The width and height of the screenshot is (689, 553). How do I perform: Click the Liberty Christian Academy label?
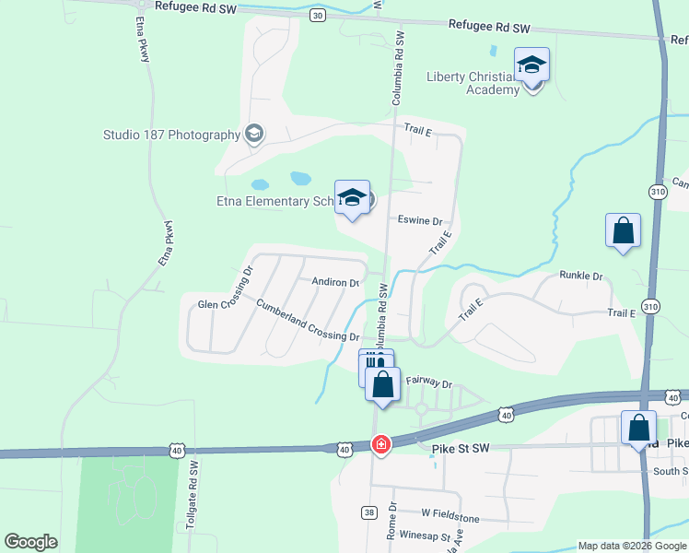click(473, 83)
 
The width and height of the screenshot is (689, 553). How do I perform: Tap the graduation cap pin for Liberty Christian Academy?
click(532, 66)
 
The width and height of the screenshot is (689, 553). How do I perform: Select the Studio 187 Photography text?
click(171, 135)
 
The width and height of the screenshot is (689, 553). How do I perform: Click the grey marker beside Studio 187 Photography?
click(254, 135)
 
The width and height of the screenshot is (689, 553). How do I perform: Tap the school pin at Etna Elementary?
click(352, 198)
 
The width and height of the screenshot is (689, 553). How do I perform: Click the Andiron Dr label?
click(335, 282)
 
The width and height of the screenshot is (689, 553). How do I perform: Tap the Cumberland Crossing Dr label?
click(307, 320)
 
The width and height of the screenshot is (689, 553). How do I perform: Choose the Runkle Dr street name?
click(580, 276)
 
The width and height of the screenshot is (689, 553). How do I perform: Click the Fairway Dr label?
click(429, 382)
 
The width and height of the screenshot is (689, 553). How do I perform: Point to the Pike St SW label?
click(457, 449)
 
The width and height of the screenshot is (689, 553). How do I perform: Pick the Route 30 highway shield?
click(318, 16)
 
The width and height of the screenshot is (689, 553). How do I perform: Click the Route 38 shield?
click(369, 512)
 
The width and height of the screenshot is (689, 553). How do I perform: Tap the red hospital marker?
click(380, 445)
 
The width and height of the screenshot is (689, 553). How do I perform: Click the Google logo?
click(30, 542)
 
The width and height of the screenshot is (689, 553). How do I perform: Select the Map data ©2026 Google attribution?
click(631, 546)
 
